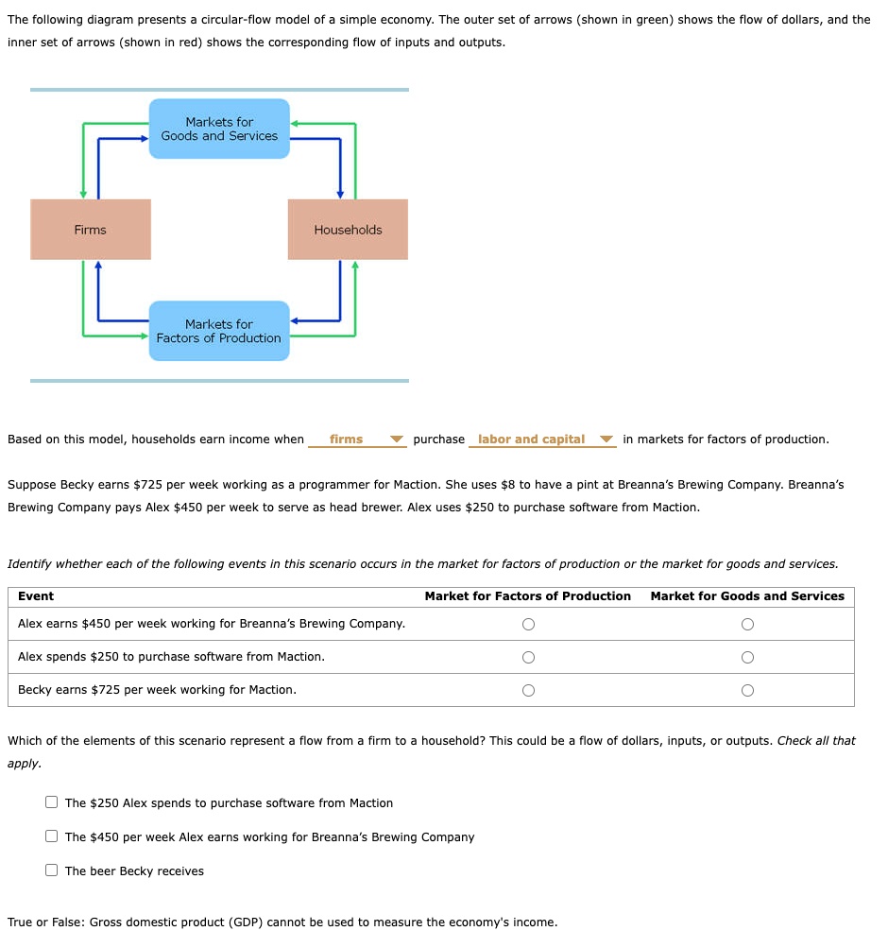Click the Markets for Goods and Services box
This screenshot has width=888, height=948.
219,129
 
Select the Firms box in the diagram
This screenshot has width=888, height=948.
91,230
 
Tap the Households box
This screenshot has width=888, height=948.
348,230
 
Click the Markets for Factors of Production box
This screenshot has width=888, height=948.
219,331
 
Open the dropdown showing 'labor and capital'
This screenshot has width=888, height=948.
542,440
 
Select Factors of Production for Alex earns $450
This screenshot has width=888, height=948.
528,624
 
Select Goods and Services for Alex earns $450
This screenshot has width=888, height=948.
747,624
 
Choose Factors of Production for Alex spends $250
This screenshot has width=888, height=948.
528,657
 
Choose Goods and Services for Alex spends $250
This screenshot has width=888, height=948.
747,657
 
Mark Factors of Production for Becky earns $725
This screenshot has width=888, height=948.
528,690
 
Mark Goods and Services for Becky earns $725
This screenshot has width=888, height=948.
747,690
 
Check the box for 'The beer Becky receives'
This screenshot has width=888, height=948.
52,870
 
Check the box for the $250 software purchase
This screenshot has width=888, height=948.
52,802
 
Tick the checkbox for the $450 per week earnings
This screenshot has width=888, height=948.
52,836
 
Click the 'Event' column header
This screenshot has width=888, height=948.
36,596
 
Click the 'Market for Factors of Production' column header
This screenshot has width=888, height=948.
527,596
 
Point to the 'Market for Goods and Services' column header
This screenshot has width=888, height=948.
747,596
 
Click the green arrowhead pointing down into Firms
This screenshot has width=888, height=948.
83,194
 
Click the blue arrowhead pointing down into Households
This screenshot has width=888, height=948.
340,194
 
